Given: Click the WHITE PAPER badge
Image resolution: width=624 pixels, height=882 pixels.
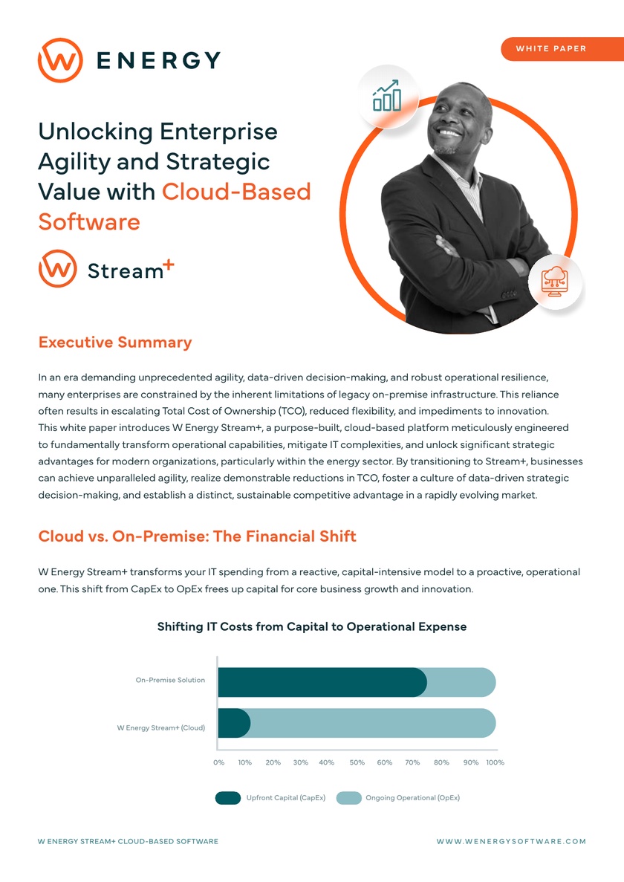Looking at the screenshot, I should coord(550,48).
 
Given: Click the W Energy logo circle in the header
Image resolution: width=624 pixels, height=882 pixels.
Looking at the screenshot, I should coord(59,59).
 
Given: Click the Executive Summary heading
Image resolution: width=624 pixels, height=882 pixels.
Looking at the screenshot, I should coord(114,343).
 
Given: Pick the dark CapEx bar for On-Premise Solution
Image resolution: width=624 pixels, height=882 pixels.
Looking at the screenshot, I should coord(322,681).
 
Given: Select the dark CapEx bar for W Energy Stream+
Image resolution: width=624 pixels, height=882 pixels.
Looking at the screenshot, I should coord(234,723).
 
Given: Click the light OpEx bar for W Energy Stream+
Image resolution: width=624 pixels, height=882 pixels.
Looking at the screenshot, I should coord(371,723).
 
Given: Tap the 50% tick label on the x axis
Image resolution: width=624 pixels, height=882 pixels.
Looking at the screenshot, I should coord(357,762).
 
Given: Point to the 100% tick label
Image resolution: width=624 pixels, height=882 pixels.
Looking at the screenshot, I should coord(495,762).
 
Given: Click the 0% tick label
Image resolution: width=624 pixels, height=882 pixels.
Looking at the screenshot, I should coord(218,762).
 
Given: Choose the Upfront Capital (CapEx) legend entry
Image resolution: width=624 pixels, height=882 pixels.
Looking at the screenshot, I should coord(270,798).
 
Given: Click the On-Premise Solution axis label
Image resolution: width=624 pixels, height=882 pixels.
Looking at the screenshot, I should coord(170,680).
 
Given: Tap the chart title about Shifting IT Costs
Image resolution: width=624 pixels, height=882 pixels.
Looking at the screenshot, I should coord(312,626).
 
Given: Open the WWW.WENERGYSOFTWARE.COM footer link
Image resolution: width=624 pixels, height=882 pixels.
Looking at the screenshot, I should coord(511,841).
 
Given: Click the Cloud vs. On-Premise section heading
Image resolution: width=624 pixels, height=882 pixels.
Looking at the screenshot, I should coord(197,536).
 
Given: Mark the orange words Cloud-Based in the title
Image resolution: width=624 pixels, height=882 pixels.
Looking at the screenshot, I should coord(236,192).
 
